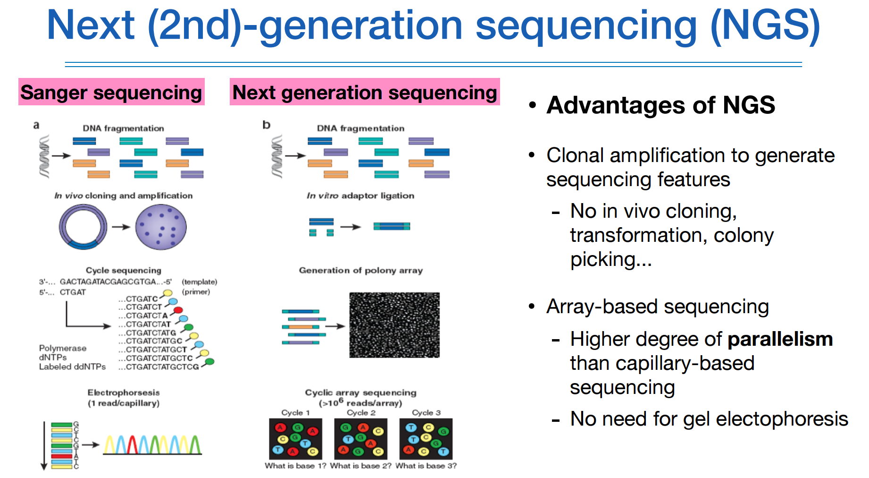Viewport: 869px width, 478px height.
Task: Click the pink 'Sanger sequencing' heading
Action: click(x=111, y=92)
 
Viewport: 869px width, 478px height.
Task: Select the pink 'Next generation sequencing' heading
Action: click(x=365, y=92)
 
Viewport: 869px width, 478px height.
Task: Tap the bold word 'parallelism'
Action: click(x=780, y=339)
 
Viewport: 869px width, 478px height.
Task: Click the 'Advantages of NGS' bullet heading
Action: click(x=660, y=105)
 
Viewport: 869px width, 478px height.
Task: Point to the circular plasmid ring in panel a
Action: click(x=83, y=227)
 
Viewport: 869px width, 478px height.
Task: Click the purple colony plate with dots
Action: click(x=161, y=227)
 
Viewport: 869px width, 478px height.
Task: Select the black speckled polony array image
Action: click(x=394, y=325)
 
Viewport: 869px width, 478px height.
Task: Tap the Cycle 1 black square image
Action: click(x=295, y=439)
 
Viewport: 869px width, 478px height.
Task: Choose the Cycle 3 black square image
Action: click(x=426, y=439)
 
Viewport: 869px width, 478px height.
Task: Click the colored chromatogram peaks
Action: click(x=152, y=444)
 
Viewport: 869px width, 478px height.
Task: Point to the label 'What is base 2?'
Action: click(x=360, y=466)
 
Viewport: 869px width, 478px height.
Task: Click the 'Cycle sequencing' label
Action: click(x=124, y=270)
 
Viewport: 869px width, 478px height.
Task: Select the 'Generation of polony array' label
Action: click(x=361, y=270)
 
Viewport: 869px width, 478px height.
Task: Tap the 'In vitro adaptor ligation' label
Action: click(x=360, y=196)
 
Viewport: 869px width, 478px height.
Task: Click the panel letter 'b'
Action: click(x=267, y=125)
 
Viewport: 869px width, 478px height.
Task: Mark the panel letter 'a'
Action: click(x=36, y=125)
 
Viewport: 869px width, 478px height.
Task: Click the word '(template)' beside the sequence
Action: click(x=200, y=282)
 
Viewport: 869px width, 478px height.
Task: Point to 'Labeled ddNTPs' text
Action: click(x=72, y=367)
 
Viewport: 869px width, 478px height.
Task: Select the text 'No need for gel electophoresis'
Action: click(x=709, y=419)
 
